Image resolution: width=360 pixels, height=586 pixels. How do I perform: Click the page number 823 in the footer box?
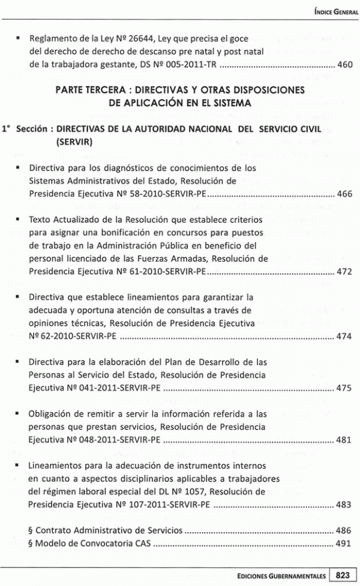point(343,574)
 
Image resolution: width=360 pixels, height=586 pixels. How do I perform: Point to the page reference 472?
point(344,271)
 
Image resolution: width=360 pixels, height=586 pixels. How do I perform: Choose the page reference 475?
point(344,388)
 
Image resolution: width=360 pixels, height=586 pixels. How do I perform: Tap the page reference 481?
point(344,439)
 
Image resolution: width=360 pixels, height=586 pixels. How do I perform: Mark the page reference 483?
point(344,504)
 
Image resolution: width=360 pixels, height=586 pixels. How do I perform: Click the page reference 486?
point(344,531)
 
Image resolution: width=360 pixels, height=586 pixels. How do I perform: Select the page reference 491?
point(344,543)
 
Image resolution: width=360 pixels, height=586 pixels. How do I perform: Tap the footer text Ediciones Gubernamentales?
point(282,575)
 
